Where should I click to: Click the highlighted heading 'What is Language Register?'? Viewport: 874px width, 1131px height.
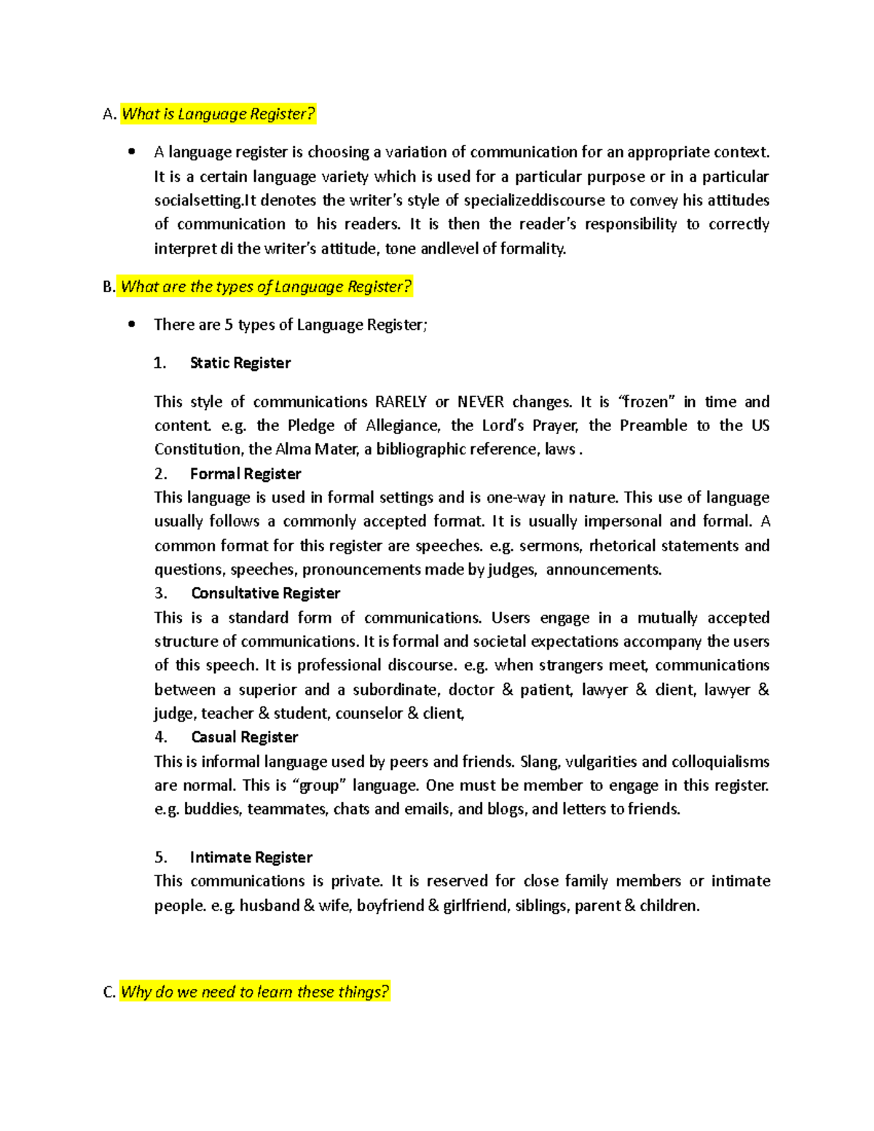218,114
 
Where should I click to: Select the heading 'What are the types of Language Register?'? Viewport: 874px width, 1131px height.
266,287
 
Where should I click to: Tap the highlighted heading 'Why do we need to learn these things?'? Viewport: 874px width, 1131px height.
255,992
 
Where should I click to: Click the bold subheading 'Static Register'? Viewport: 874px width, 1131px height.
240,363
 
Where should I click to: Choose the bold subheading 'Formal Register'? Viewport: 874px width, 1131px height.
245,474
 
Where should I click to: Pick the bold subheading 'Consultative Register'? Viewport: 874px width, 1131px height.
265,594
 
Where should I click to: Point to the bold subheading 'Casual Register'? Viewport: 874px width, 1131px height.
244,738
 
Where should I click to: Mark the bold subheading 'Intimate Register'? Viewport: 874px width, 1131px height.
251,858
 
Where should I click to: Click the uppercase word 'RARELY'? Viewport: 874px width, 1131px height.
401,402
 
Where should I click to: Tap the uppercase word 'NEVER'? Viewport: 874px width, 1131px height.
481,402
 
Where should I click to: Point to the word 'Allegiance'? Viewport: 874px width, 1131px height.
402,426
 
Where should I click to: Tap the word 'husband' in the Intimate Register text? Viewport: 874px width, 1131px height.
269,906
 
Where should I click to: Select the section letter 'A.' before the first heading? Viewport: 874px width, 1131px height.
109,114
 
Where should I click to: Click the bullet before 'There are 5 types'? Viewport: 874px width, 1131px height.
131,325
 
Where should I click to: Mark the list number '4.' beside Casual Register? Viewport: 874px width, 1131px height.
161,738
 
